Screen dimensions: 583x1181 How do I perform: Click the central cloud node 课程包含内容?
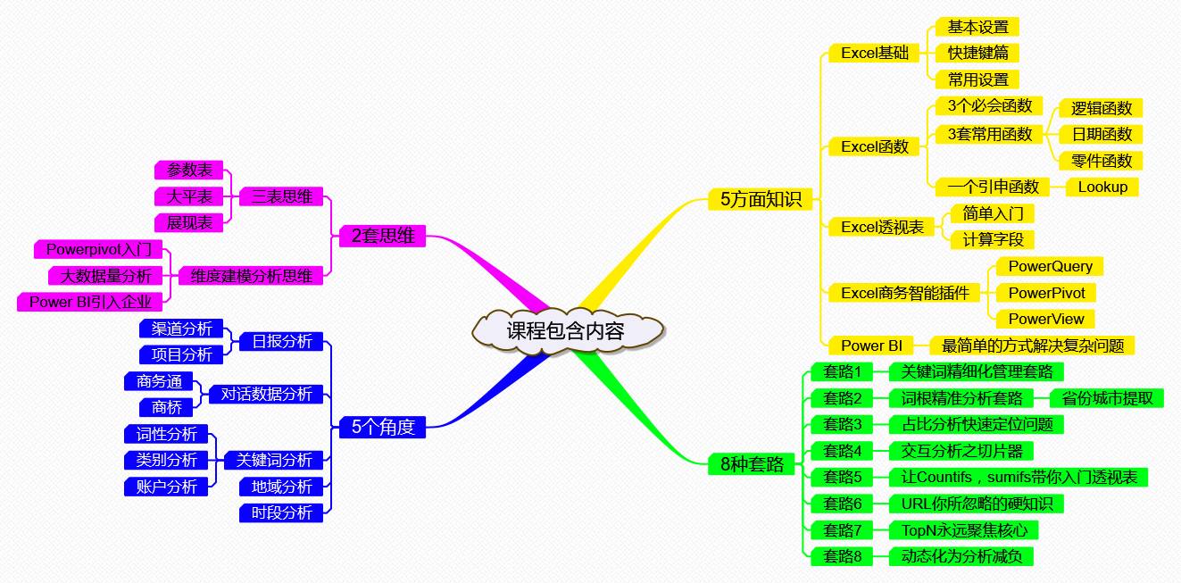pos(565,331)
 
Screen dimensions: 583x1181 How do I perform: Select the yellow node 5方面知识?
pos(754,199)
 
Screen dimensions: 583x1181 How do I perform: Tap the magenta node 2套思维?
pos(383,237)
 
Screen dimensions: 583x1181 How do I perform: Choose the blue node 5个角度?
pos(383,427)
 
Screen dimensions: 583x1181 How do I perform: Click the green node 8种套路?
pos(752,463)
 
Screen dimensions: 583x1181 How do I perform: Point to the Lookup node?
pos(1102,187)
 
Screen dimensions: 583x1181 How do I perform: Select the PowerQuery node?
pos(1050,266)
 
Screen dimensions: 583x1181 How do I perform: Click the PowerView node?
pos(1045,319)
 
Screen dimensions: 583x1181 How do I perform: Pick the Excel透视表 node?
pos(881,227)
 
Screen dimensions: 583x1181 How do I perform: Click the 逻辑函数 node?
pos(1101,108)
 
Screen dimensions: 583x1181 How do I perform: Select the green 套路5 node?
pos(842,477)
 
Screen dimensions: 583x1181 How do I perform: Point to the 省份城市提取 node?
pos(1107,398)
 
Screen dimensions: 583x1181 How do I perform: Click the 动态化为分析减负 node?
pos(961,556)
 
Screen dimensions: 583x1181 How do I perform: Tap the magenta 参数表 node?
pos(188,170)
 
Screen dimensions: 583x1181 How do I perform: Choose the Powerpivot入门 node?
pos(98,249)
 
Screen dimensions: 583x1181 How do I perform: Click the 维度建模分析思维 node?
pos(251,276)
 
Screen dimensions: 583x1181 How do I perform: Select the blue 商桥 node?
pos(166,407)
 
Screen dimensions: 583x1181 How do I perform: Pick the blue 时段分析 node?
pos(281,512)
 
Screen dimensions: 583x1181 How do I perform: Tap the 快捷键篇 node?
pos(977,53)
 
